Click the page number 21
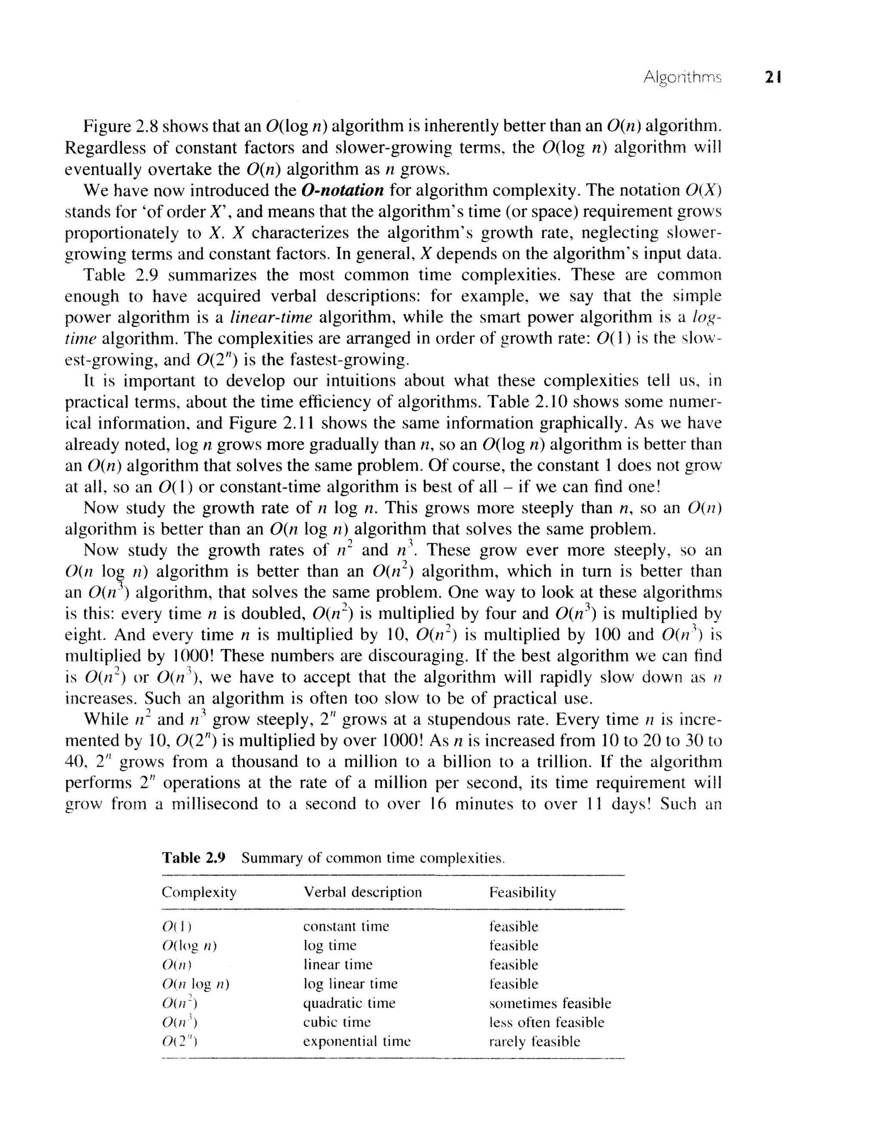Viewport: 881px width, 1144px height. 773,77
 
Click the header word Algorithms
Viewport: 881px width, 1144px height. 682,77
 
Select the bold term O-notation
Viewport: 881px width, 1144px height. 343,190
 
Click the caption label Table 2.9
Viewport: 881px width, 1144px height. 193,857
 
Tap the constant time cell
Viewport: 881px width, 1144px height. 346,926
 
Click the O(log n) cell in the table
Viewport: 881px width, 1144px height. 189,946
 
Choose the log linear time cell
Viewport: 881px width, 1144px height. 350,984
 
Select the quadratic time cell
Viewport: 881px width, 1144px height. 349,1003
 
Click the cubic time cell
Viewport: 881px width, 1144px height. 337,1022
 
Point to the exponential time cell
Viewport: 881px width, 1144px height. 357,1041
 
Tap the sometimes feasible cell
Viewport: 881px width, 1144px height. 549,1003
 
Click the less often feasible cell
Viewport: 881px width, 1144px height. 546,1022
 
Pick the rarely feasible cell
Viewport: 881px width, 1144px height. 534,1041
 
